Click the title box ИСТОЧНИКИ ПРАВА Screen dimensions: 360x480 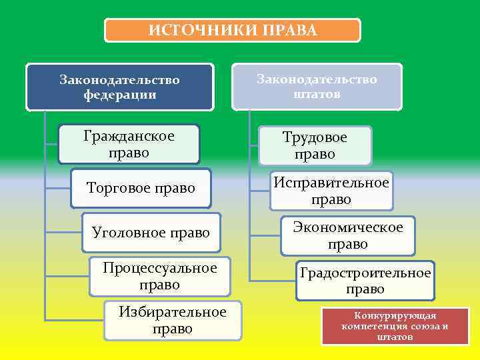point(232,31)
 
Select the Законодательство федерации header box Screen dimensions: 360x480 point(120,87)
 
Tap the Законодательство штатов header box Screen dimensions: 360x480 point(317,87)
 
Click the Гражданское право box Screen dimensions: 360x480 point(129,144)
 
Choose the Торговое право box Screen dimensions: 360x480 point(141,189)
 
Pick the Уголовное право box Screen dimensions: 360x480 point(151,233)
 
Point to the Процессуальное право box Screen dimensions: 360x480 point(160,276)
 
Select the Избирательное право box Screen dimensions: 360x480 point(173,321)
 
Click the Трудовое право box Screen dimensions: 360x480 point(315,145)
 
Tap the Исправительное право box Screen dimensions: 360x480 point(331,191)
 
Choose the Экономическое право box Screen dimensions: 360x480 point(347,235)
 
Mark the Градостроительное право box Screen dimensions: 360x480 point(365,281)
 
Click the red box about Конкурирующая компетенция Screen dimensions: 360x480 point(395,326)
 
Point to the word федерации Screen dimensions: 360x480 point(120,95)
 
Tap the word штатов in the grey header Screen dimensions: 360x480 point(317,94)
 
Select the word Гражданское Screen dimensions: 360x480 point(129,137)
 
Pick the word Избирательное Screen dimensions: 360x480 point(173,312)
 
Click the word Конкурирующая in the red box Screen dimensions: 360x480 point(395,315)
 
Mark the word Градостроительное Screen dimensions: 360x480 point(365,273)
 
